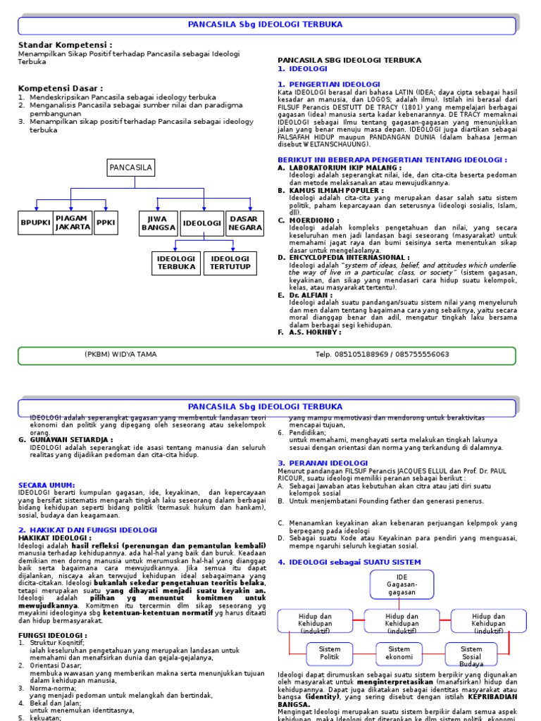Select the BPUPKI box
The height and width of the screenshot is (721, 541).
click(35, 222)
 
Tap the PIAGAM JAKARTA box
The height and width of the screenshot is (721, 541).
click(73, 222)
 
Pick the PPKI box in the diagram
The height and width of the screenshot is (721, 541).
click(105, 222)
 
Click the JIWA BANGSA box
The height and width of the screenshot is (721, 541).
click(158, 223)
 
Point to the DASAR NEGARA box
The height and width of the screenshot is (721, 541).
click(244, 223)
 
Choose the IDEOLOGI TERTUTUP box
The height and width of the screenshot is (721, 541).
click(230, 263)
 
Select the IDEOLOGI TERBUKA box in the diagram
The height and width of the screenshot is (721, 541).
click(176, 263)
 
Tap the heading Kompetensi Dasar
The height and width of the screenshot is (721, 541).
click(60, 88)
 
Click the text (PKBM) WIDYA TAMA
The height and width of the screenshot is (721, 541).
click(120, 354)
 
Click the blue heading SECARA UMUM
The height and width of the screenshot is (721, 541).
click(46, 486)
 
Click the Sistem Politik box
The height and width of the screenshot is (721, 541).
click(330, 653)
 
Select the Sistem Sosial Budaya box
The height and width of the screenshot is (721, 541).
click(471, 656)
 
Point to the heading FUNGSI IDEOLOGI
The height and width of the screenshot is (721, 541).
click(51, 635)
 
